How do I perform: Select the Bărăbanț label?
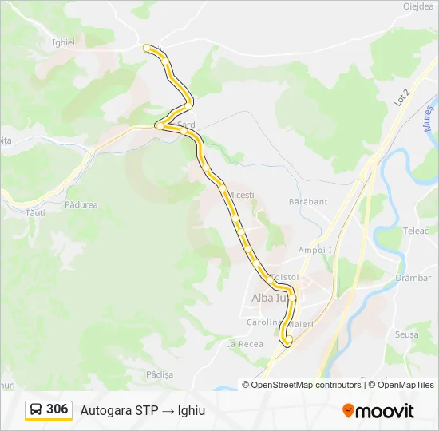pos(309,202)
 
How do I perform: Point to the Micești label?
pos(240,195)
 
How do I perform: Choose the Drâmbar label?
pos(413,278)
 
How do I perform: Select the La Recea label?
pos(244,344)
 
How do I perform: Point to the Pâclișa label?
pos(160,374)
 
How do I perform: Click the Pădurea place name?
pos(81,205)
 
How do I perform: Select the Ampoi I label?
pos(314,250)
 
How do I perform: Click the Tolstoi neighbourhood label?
pos(285,277)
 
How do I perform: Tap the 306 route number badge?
pos(57,409)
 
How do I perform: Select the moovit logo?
pos(378,411)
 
